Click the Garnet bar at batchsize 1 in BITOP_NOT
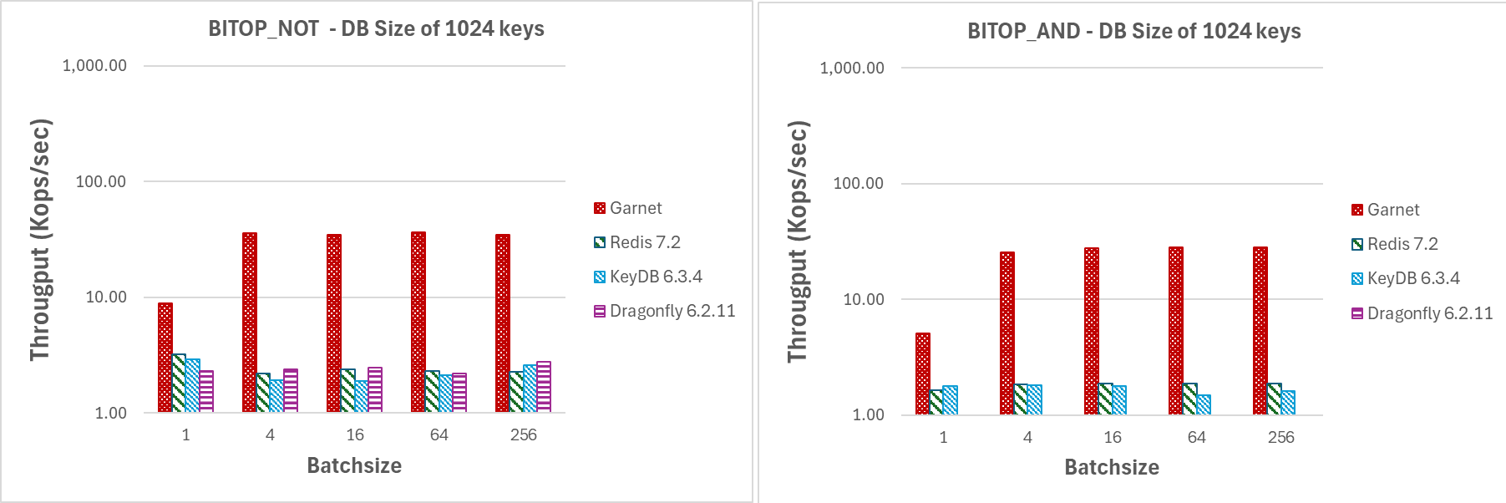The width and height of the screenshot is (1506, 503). tap(165, 358)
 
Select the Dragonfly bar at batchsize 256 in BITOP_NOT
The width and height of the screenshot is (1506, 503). tap(544, 387)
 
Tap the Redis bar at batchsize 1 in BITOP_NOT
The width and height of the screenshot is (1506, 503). tap(179, 384)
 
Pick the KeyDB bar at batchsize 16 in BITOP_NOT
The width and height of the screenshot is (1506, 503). tap(362, 397)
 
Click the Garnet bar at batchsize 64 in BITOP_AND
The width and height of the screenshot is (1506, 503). tap(1176, 331)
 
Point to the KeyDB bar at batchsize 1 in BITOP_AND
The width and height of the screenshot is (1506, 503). tap(951, 400)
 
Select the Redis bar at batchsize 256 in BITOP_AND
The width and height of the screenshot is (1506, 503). tap(1274, 399)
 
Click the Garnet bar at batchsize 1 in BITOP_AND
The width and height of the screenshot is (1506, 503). tap(923, 373)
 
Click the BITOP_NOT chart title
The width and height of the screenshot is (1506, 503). tap(376, 29)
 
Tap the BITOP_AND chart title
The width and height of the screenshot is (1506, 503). tap(1133, 32)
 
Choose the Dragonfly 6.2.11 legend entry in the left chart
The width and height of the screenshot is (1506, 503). tap(664, 311)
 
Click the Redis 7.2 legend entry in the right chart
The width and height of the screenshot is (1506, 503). tap(1395, 244)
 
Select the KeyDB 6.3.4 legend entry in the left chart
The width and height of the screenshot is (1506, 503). tap(647, 277)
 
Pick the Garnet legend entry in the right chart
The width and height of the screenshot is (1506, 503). tap(1386, 210)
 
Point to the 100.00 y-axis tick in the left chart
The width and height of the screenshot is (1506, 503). tap(101, 181)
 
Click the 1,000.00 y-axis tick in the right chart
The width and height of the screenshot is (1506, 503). tap(852, 68)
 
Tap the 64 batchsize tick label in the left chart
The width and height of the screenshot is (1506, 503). tap(439, 434)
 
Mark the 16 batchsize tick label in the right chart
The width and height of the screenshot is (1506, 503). tap(1113, 437)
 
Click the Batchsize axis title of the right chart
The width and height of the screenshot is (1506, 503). tap(1112, 467)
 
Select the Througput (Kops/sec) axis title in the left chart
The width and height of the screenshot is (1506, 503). tap(40, 240)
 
